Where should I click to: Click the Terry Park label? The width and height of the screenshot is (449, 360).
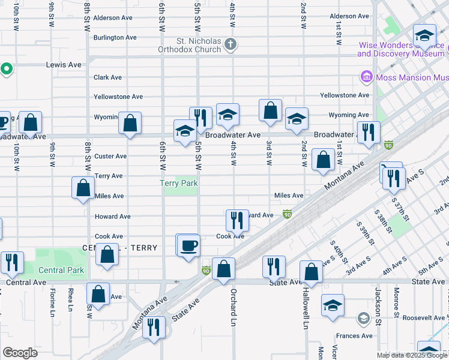click(179, 183)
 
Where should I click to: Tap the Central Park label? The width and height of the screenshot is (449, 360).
click(61, 270)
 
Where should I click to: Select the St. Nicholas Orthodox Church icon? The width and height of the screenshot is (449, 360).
click(231, 44)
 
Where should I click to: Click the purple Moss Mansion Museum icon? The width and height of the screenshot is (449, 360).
click(366, 77)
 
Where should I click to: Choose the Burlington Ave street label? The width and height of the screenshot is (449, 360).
click(115, 37)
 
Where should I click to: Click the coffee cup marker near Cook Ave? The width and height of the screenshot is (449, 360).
click(188, 245)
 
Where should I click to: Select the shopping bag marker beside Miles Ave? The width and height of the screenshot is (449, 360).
click(83, 187)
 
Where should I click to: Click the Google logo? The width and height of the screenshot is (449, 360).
click(20, 353)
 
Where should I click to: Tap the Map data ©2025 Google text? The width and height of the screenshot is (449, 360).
click(411, 355)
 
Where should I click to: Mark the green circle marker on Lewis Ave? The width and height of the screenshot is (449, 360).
click(6, 69)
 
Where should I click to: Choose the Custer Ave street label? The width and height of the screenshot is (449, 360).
click(110, 156)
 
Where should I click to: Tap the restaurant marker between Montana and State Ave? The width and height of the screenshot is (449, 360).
click(154, 328)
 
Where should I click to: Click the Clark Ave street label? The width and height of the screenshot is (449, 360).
click(107, 77)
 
